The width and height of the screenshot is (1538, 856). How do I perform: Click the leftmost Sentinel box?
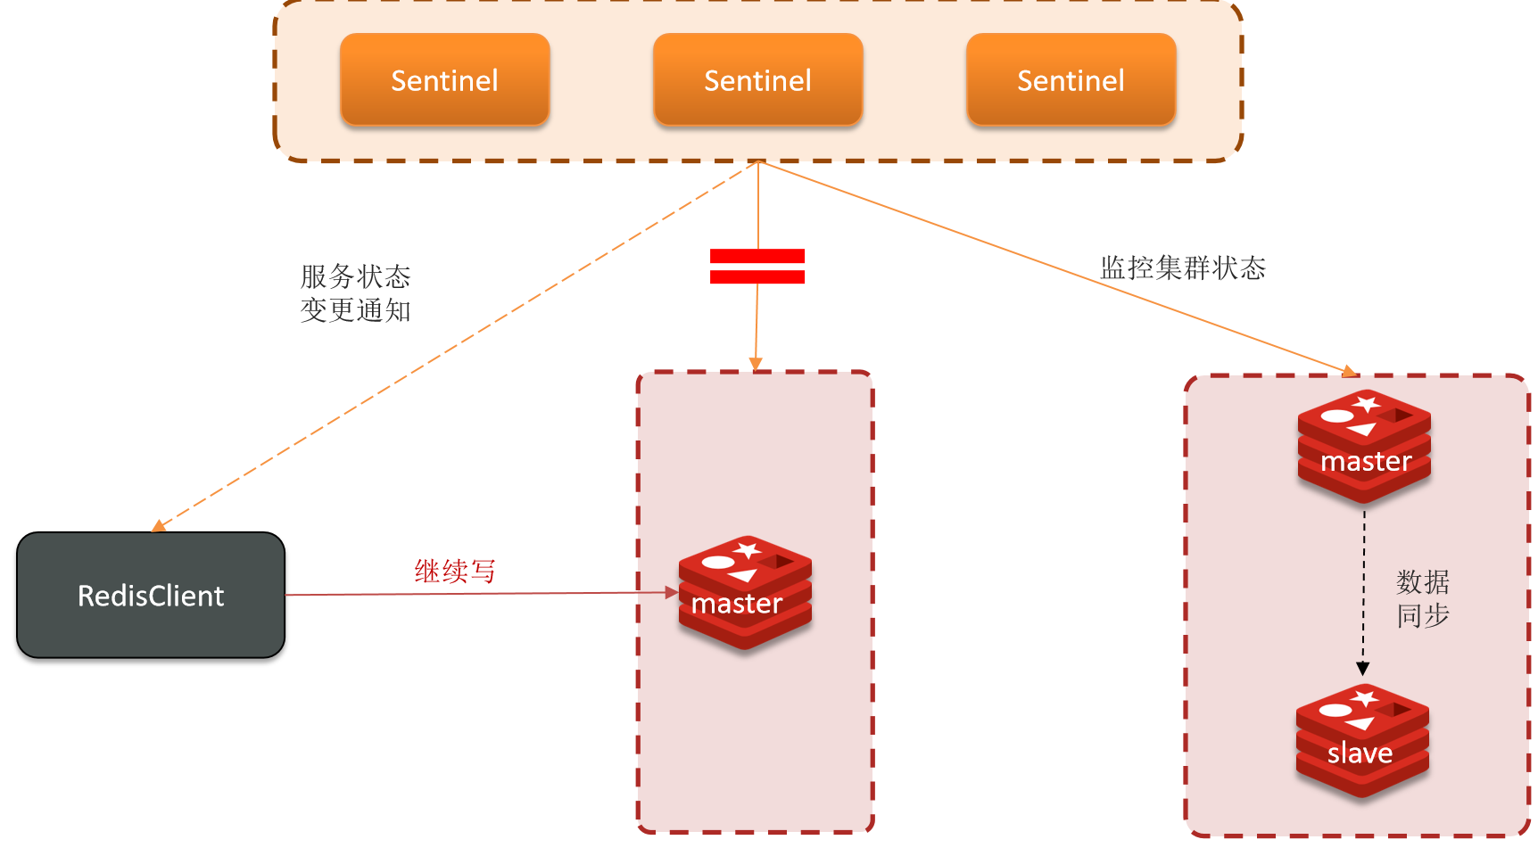point(444,80)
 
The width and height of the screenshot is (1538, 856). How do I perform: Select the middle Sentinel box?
point(757,80)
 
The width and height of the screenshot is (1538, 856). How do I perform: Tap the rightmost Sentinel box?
point(1071,80)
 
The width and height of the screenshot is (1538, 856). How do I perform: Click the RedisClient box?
point(151,596)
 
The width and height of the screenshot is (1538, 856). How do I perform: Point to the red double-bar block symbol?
point(757,267)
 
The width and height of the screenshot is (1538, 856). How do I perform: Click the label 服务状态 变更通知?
point(355,293)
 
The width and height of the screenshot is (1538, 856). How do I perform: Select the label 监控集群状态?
point(1183,267)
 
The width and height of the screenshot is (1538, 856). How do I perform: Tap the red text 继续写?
point(455,572)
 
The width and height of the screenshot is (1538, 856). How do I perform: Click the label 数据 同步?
point(1423,599)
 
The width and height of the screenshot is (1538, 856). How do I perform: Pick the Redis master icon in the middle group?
point(745,592)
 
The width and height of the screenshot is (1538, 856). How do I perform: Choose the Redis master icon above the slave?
point(1364,446)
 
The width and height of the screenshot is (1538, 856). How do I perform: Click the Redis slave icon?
point(1362,740)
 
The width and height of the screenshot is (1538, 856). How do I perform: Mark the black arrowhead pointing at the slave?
point(1363,669)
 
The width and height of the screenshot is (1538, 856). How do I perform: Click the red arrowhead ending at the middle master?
point(673,592)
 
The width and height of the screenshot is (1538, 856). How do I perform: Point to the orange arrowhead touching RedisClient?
point(159,526)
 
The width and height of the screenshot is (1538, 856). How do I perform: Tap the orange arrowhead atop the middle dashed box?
point(756,364)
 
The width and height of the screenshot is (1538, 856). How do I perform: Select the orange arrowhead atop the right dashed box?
point(1350,371)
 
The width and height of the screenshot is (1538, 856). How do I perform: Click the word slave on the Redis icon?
point(1360,753)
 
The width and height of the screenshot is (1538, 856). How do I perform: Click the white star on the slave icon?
point(1365,698)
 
